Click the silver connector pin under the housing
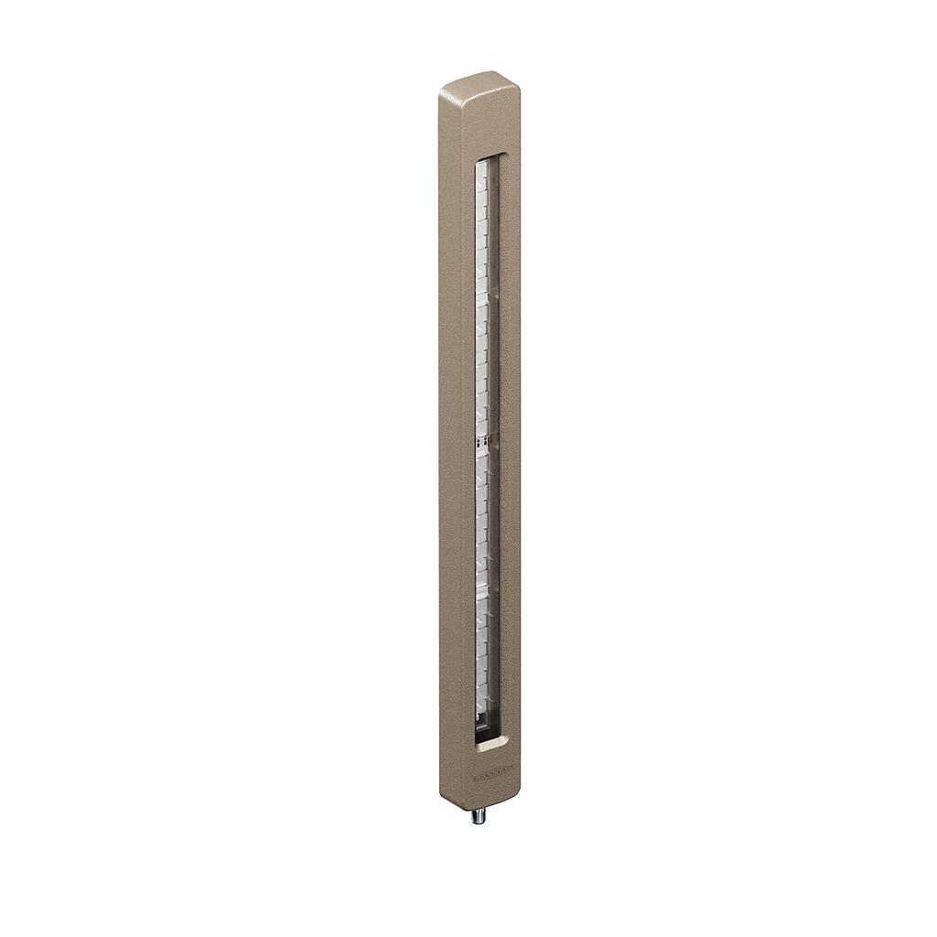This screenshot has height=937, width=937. point(479,815)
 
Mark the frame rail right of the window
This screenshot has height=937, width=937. point(510,439)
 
